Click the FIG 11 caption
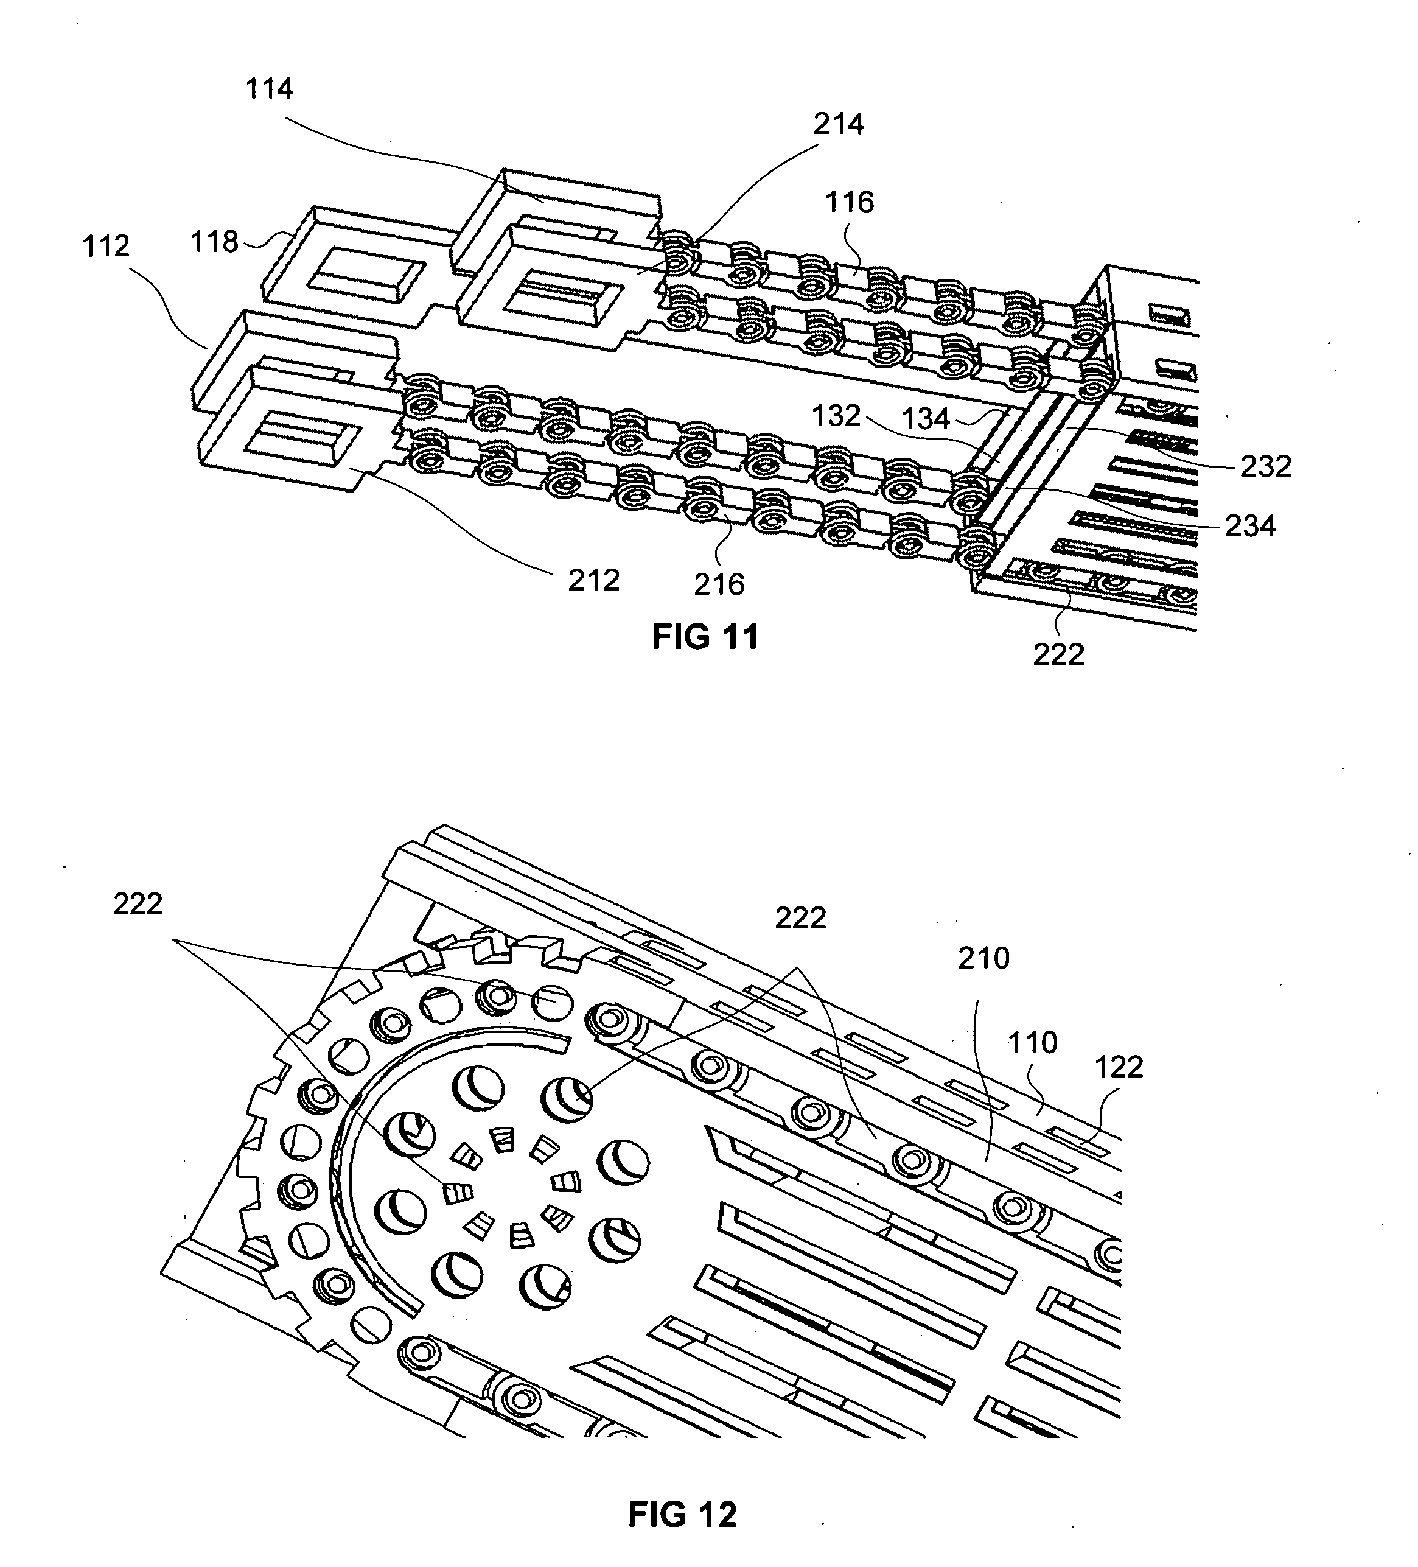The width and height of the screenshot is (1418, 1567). tap(705, 637)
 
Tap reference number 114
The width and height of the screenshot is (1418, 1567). tap(269, 89)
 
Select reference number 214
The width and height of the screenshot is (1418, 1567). tap(839, 124)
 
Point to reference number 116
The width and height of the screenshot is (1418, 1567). tap(849, 202)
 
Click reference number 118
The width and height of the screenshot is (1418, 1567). tap(214, 242)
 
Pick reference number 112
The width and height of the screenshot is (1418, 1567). tap(106, 247)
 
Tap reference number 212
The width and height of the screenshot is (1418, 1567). tap(593, 581)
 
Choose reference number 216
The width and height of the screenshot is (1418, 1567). tap(719, 584)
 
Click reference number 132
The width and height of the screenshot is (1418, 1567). tap(836, 416)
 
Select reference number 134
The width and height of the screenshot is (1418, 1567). tap(926, 419)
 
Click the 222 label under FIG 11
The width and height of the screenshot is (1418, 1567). tap(1058, 654)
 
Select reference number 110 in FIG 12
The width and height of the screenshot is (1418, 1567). tap(1033, 1042)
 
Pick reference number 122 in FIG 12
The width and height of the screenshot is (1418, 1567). tap(1119, 1067)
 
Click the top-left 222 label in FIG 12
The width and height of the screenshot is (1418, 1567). tap(138, 904)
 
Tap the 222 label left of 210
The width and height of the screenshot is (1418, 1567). tap(800, 919)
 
